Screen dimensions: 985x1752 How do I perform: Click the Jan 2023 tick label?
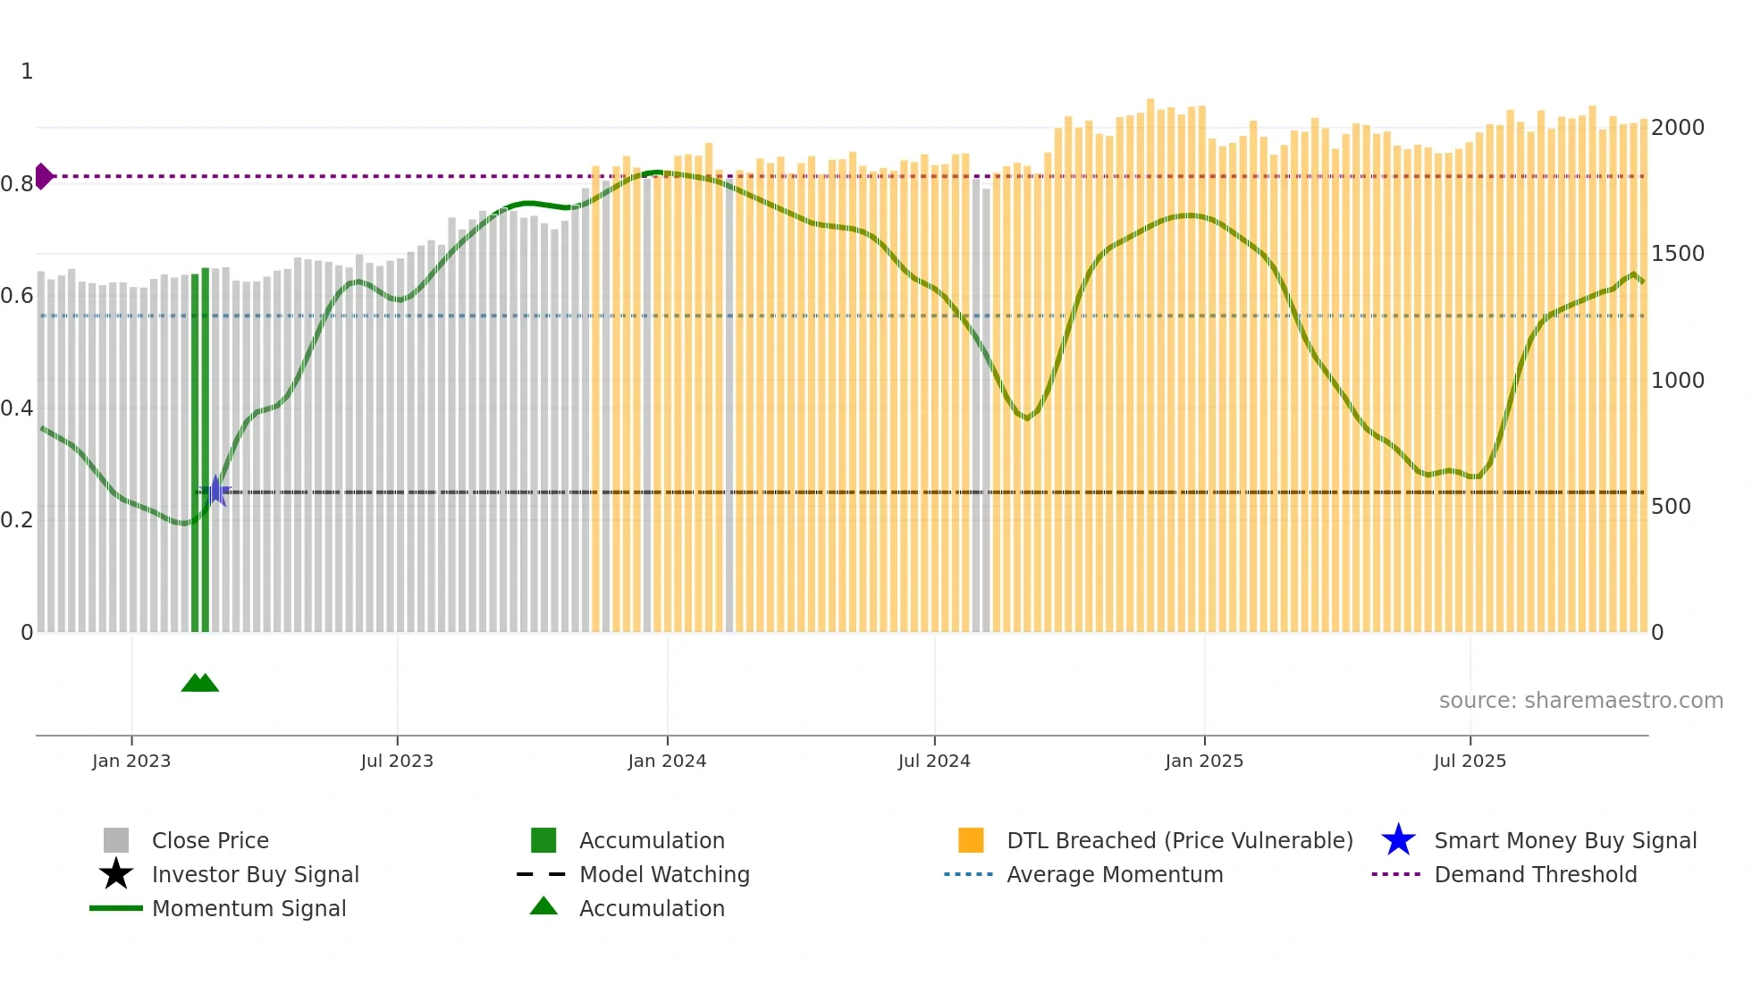point(131,761)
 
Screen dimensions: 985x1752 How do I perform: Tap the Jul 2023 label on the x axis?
point(397,761)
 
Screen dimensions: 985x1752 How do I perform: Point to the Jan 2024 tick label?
point(667,761)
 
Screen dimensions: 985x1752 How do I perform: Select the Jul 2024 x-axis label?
point(934,761)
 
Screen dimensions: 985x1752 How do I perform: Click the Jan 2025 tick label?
point(1204,761)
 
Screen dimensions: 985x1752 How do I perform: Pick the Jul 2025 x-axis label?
point(1470,761)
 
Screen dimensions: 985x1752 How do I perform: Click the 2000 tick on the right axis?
point(1678,128)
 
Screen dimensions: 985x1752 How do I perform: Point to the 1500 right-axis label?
point(1678,254)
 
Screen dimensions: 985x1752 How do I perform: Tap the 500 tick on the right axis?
point(1671,507)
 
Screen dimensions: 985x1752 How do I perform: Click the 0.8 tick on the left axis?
point(17,184)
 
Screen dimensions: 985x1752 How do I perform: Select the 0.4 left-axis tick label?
point(17,408)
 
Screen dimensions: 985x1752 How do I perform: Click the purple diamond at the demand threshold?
point(43,176)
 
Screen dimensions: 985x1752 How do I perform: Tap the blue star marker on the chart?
point(215,491)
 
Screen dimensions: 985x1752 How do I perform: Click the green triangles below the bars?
point(200,683)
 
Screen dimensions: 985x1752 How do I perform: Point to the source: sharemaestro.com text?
point(1580,701)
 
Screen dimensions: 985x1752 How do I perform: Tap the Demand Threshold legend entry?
point(1535,875)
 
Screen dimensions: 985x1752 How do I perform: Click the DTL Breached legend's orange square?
point(971,840)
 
